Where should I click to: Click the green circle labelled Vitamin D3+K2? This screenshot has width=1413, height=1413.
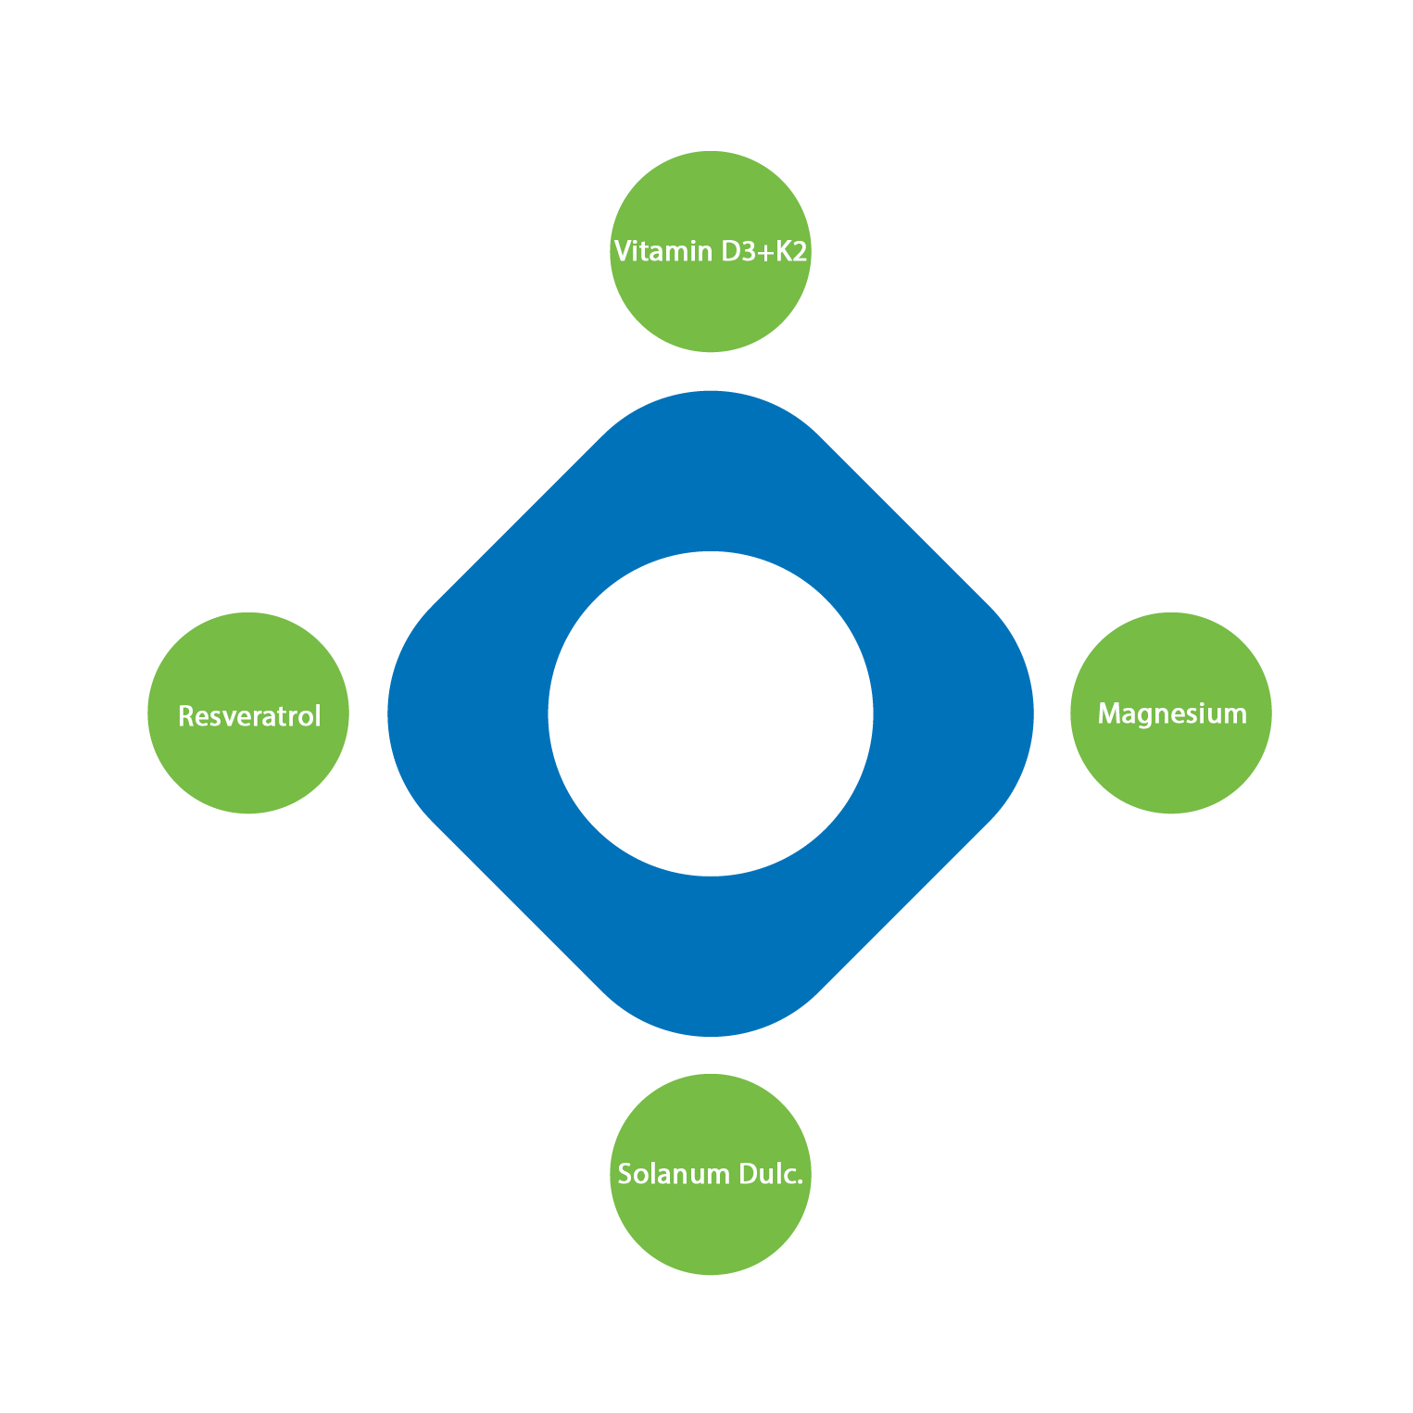[710, 296]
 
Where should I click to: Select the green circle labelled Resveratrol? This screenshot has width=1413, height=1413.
[248, 760]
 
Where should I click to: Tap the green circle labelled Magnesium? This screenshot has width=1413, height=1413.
[1170, 760]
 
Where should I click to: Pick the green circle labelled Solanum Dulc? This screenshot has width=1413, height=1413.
[710, 1223]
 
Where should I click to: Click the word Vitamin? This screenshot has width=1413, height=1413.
[662, 251]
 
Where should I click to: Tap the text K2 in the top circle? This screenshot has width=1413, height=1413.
[791, 251]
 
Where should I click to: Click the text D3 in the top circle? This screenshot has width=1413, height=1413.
[738, 251]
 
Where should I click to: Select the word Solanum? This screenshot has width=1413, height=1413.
[674, 1174]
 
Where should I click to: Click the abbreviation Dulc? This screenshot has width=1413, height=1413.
[771, 1174]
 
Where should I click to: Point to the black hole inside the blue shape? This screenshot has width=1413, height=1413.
[710, 713]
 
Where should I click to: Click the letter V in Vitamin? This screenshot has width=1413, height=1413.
[623, 251]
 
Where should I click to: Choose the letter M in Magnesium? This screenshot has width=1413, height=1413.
[1109, 713]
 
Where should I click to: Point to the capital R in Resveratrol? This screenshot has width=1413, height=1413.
[185, 716]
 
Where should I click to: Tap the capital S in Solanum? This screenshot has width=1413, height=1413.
[625, 1174]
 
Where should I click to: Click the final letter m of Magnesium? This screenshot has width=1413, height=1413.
[1235, 714]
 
